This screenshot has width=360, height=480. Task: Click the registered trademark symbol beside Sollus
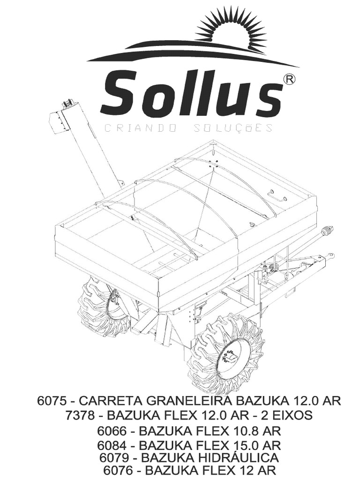pos(290,80)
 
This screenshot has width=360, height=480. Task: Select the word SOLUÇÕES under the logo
pos(232,128)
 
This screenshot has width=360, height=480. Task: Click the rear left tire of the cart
pos(101,307)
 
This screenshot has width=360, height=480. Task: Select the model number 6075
pos(53,401)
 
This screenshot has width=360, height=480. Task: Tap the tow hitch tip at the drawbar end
pos(331,256)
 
